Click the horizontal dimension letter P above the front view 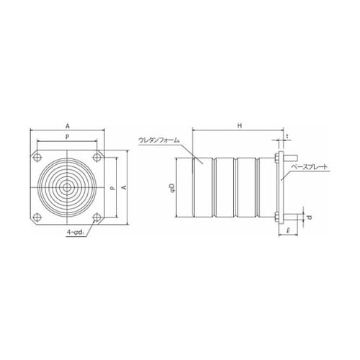(x=66, y=135)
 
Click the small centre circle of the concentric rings (x=66, y=187)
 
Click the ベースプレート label (x=310, y=166)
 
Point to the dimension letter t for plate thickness (x=287, y=135)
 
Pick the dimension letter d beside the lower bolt (x=310, y=215)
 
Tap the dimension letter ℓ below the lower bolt (x=287, y=231)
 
